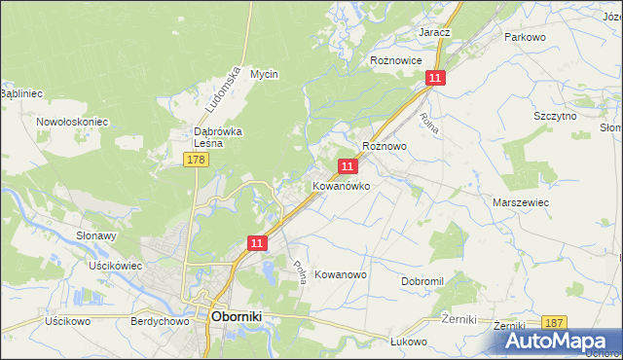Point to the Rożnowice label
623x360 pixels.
pyautogui.click(x=396, y=60)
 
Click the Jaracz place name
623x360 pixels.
pyautogui.click(x=434, y=32)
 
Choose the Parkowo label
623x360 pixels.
pyautogui.click(x=524, y=37)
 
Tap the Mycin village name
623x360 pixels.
pyautogui.click(x=264, y=74)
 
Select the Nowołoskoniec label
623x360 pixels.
pyautogui.click(x=71, y=122)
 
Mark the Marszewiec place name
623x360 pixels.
pyautogui.click(x=521, y=202)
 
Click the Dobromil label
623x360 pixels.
pyautogui.click(x=421, y=281)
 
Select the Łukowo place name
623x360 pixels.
pyautogui.click(x=409, y=341)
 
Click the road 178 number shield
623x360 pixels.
pyautogui.click(x=197, y=159)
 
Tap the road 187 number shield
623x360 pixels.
pyautogui.click(x=555, y=322)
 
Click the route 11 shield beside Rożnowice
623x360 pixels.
pyautogui.click(x=435, y=78)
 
